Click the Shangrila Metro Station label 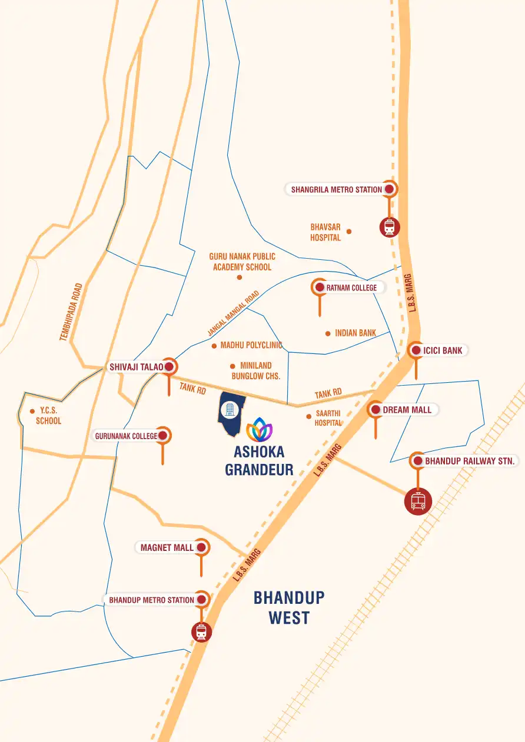[x=337, y=190]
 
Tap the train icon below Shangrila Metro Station [x=389, y=227]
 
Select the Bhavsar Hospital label [x=325, y=232]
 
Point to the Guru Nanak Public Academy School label [x=242, y=262]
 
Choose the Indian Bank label [x=355, y=333]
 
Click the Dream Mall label [x=407, y=410]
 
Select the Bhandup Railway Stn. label [x=470, y=461]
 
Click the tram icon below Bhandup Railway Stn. [x=418, y=501]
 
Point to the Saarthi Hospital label [x=328, y=419]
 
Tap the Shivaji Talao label [x=136, y=367]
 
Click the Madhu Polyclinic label [x=251, y=346]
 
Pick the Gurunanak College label [x=126, y=436]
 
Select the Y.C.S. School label [x=48, y=416]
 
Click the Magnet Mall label [x=167, y=547]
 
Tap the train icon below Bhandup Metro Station [x=201, y=632]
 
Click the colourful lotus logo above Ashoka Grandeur [x=259, y=430]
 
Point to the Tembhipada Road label [x=71, y=312]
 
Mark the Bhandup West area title [x=289, y=607]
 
